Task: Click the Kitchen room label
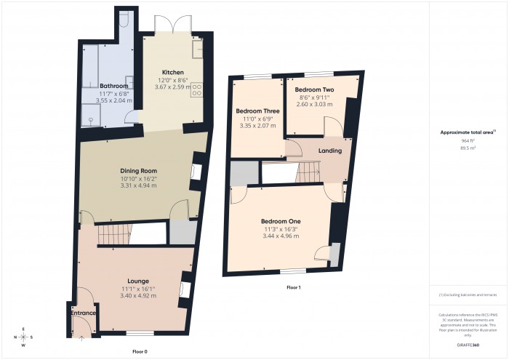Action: (x=172, y=72)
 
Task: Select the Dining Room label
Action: (x=138, y=171)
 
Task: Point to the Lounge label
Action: (x=138, y=281)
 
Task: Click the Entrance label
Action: (x=84, y=313)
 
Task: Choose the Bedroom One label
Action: (x=281, y=221)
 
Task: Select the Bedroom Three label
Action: (x=257, y=111)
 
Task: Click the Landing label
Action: (x=330, y=151)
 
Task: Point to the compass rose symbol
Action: (x=24, y=337)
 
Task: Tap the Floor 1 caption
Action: (x=293, y=288)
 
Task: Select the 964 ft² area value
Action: (x=468, y=140)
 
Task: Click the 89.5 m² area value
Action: (x=468, y=148)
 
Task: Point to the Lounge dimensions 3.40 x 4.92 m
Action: (x=138, y=296)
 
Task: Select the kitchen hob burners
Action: (x=196, y=90)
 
